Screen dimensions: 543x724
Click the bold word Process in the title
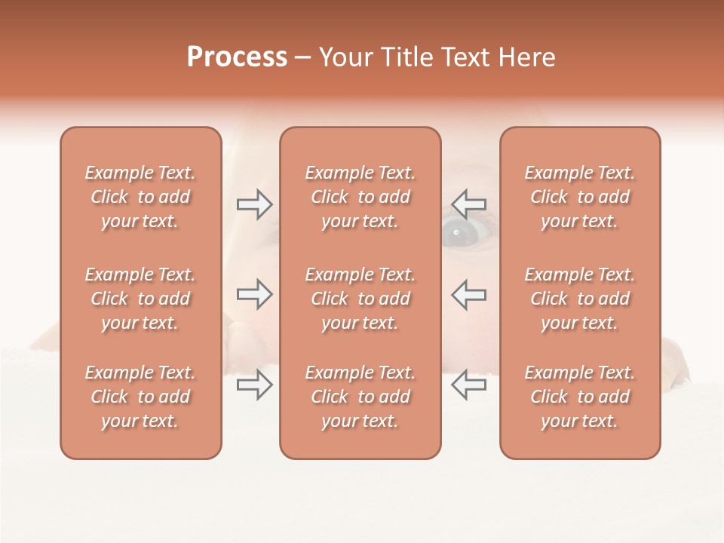click(x=237, y=57)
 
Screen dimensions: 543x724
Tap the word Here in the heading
click(x=527, y=57)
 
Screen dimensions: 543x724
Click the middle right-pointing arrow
click(x=254, y=294)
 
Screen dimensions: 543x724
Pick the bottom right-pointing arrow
click(x=254, y=385)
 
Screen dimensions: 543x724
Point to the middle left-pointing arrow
click(x=469, y=294)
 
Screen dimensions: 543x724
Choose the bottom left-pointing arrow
click(x=469, y=385)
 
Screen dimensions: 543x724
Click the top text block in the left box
click(x=140, y=197)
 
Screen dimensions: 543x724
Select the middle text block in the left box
click(x=140, y=299)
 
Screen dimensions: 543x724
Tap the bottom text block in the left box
click(x=140, y=397)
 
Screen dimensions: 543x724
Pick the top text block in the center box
click(x=360, y=197)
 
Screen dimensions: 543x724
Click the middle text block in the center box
click(x=360, y=299)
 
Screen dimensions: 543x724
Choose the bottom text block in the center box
click(x=360, y=397)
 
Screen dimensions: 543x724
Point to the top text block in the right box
click(x=580, y=197)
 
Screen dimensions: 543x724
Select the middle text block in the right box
click(x=580, y=299)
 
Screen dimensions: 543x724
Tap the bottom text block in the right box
click(x=580, y=397)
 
